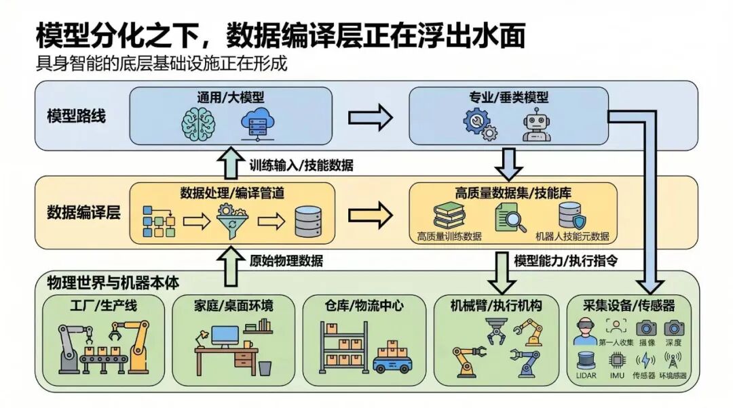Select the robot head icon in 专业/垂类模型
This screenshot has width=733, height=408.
(x=536, y=124)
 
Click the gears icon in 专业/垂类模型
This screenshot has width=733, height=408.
(x=480, y=124)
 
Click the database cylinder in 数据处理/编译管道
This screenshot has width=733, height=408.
(x=309, y=220)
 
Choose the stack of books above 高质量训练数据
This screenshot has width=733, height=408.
(x=449, y=216)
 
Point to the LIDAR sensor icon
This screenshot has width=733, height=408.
(x=586, y=361)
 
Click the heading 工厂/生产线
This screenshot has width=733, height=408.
(x=103, y=305)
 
